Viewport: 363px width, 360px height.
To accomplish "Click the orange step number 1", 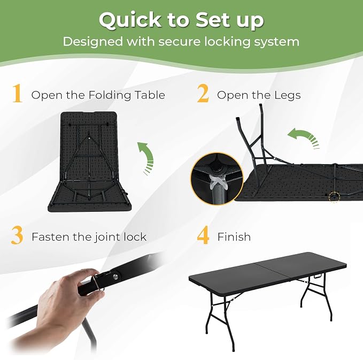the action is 17,93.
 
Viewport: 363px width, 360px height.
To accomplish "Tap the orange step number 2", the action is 203,93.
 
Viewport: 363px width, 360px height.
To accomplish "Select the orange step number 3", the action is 17,235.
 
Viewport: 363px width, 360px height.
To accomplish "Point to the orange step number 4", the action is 203,235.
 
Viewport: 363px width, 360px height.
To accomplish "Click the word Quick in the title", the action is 130,20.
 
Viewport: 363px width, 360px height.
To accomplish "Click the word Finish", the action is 234,237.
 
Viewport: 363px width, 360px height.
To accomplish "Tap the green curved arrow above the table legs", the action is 304,137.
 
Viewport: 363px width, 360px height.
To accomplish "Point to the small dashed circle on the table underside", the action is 334,197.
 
